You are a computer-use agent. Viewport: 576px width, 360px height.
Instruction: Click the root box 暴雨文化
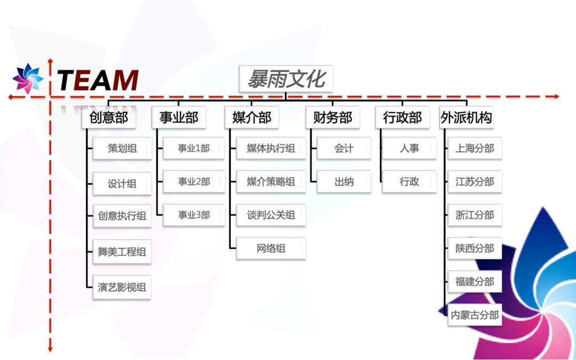click(286, 79)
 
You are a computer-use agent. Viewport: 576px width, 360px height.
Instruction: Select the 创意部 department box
click(109, 117)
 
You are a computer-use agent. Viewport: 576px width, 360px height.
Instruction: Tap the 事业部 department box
click(179, 117)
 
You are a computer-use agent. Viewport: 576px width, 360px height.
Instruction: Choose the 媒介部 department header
click(252, 117)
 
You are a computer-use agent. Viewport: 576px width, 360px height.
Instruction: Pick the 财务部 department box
click(333, 117)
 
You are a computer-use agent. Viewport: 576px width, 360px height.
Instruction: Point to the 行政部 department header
click(403, 117)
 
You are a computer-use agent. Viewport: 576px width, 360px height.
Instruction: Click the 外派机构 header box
click(467, 117)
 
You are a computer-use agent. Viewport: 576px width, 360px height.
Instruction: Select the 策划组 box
click(122, 148)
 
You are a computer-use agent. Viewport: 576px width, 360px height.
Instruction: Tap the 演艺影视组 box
click(122, 287)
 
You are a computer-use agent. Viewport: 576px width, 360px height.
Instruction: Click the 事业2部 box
click(194, 182)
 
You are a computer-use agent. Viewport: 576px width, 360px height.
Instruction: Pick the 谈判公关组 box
click(271, 215)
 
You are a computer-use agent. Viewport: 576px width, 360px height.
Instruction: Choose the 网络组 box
click(271, 249)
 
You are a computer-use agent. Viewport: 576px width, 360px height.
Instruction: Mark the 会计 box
click(344, 148)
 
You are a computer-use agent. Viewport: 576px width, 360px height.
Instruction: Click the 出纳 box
click(344, 182)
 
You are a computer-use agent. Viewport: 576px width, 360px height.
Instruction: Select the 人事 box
click(410, 148)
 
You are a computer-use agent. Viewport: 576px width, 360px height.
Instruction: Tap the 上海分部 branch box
click(475, 148)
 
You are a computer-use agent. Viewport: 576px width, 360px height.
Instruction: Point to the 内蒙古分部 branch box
click(475, 315)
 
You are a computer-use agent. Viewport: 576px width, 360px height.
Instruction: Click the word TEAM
click(98, 80)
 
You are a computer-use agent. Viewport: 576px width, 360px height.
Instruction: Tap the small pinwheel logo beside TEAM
click(27, 78)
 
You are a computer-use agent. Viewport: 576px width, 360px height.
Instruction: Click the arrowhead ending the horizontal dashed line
click(557, 97)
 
